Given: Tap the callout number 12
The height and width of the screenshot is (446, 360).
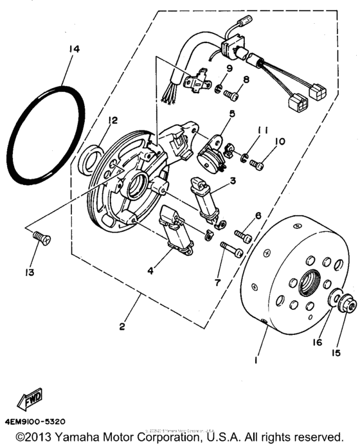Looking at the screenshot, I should click(x=113, y=120).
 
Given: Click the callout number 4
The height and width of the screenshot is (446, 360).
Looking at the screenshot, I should click(x=150, y=271).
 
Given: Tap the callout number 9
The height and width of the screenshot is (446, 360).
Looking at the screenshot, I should click(x=228, y=68).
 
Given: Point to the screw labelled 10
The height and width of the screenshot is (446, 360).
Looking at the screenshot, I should click(x=258, y=165).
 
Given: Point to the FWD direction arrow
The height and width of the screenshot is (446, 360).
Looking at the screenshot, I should click(x=31, y=402).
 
